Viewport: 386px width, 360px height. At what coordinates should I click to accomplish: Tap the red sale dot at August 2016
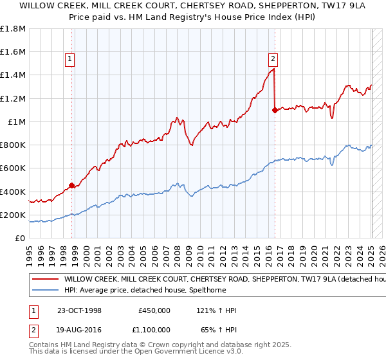pyautogui.click(x=275, y=110)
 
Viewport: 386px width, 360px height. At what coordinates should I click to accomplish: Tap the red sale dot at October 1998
pyautogui.click(x=71, y=186)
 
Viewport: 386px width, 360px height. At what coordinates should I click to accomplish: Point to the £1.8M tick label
pyautogui.click(x=13, y=28)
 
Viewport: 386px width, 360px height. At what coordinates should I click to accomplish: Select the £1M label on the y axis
pyautogui.click(x=17, y=122)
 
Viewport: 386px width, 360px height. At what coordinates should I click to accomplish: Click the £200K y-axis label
pyautogui.click(x=13, y=215)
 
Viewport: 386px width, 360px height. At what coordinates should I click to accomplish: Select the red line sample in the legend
pyautogui.click(x=45, y=280)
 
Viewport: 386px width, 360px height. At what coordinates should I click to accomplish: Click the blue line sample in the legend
pyautogui.click(x=45, y=291)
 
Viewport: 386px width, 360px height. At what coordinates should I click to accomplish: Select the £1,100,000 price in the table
pyautogui.click(x=154, y=328)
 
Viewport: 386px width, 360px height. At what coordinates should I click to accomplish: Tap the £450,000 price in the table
pyautogui.click(x=154, y=310)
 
